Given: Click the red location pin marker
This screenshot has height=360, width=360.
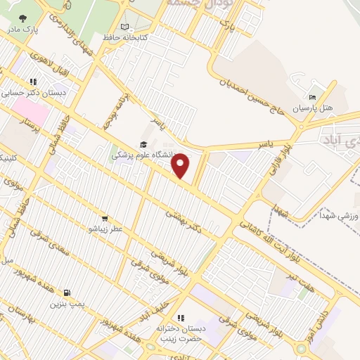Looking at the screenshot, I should pyautogui.click(x=181, y=166).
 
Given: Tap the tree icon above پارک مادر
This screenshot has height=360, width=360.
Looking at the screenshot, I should pyautogui.click(x=22, y=19).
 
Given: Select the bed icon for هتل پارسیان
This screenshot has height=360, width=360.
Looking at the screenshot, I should pyautogui.click(x=313, y=98).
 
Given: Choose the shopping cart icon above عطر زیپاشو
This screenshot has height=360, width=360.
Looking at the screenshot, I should pyautogui.click(x=105, y=219).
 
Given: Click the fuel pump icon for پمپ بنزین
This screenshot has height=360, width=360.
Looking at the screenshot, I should pyautogui.click(x=67, y=293).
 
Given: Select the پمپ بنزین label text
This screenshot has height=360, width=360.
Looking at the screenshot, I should pyautogui.click(x=67, y=304).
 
